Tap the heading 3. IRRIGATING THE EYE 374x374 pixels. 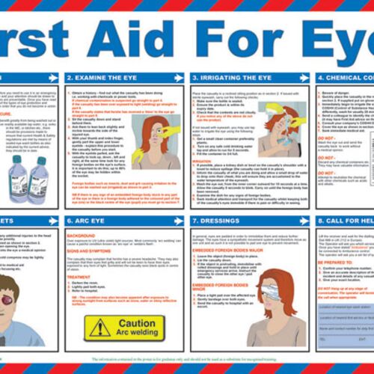224,77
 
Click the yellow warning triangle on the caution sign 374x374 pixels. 98,326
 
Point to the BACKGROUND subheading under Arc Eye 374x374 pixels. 81,234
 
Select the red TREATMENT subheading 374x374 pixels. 79,276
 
